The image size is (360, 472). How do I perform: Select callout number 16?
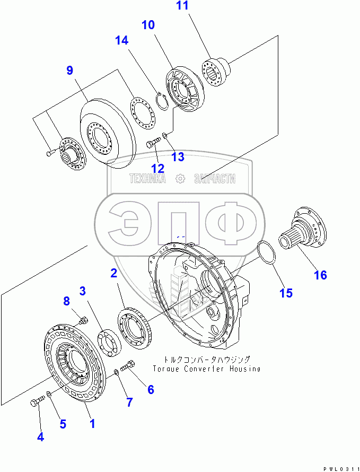point(320,275)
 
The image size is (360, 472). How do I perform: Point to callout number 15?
point(286,293)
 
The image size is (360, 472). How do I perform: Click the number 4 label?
point(40,437)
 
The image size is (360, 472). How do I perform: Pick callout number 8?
point(66,301)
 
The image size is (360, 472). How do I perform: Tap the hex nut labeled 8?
point(83,320)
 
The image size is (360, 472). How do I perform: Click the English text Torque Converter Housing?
point(206,369)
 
